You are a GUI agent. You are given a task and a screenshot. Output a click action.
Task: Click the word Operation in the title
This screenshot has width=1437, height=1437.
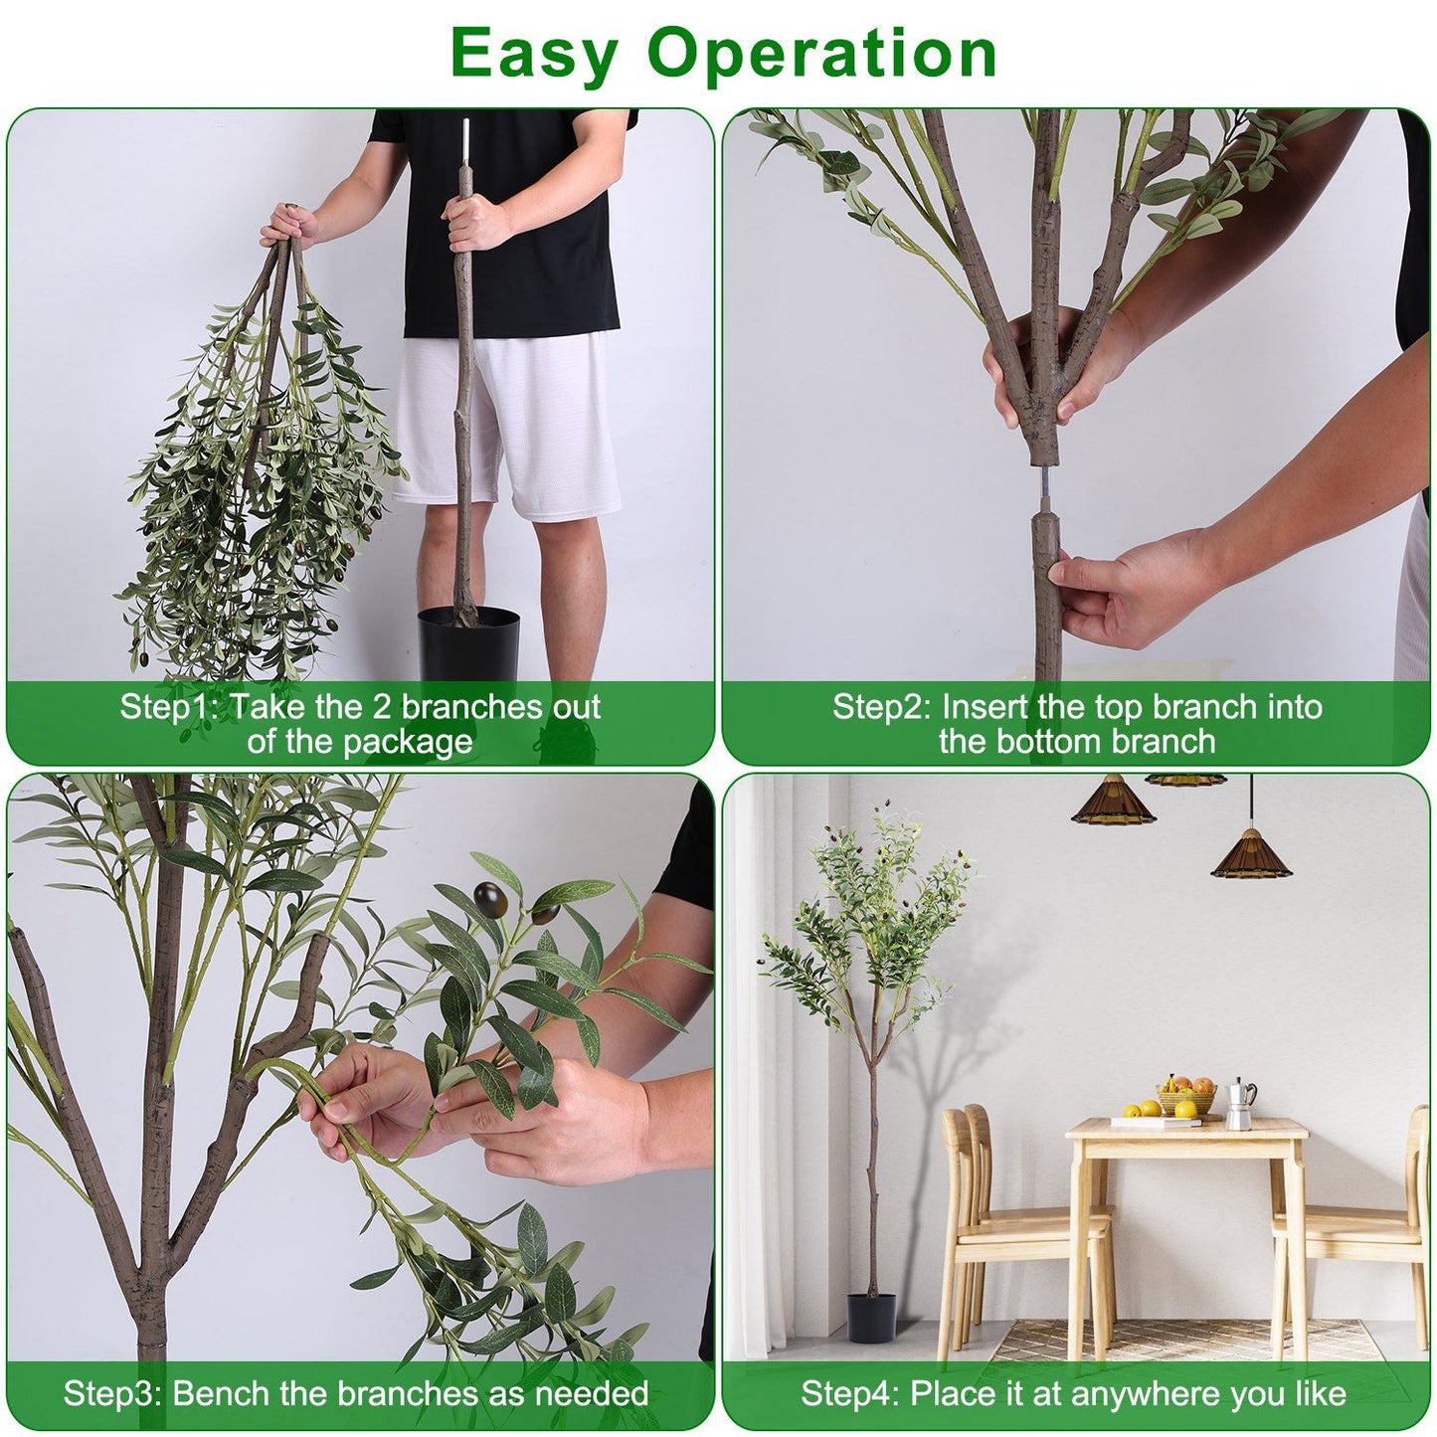[821, 54]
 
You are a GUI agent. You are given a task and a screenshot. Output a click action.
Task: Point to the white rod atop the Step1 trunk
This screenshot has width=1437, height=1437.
[463, 145]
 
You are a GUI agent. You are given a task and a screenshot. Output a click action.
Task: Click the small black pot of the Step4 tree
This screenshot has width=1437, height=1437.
[871, 1317]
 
